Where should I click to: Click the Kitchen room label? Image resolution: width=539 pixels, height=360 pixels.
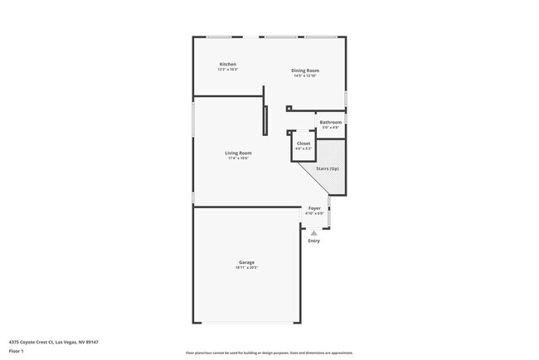click(x=228, y=64)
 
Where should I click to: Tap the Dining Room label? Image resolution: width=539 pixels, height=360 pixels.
click(x=305, y=71)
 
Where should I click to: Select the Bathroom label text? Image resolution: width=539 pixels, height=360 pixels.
click(x=331, y=122)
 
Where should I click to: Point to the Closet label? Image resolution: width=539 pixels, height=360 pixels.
click(x=303, y=144)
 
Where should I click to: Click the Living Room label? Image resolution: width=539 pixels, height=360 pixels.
click(x=239, y=153)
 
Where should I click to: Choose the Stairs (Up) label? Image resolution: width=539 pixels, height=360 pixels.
click(x=328, y=168)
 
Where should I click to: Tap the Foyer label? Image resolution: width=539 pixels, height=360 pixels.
click(x=314, y=208)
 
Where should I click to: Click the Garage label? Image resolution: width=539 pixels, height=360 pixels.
click(x=246, y=262)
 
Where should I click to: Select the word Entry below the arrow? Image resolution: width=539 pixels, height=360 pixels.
click(x=313, y=241)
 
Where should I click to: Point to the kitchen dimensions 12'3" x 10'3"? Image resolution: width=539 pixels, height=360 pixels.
click(x=228, y=70)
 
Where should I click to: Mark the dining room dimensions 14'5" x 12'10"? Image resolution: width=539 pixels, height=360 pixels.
click(x=305, y=76)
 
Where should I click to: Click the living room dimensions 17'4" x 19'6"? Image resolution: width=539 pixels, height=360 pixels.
click(x=239, y=158)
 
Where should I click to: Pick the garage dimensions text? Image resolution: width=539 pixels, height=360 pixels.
click(x=246, y=268)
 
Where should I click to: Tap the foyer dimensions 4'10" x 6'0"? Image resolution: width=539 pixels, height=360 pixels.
click(x=314, y=213)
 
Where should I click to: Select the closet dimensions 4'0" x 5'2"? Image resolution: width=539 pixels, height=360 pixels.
click(x=303, y=149)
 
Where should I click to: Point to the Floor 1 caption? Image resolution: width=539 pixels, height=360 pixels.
click(x=17, y=350)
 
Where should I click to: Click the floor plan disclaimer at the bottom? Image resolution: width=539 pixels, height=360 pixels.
click(x=269, y=352)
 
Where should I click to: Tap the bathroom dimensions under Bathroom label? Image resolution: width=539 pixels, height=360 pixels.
click(x=331, y=127)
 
